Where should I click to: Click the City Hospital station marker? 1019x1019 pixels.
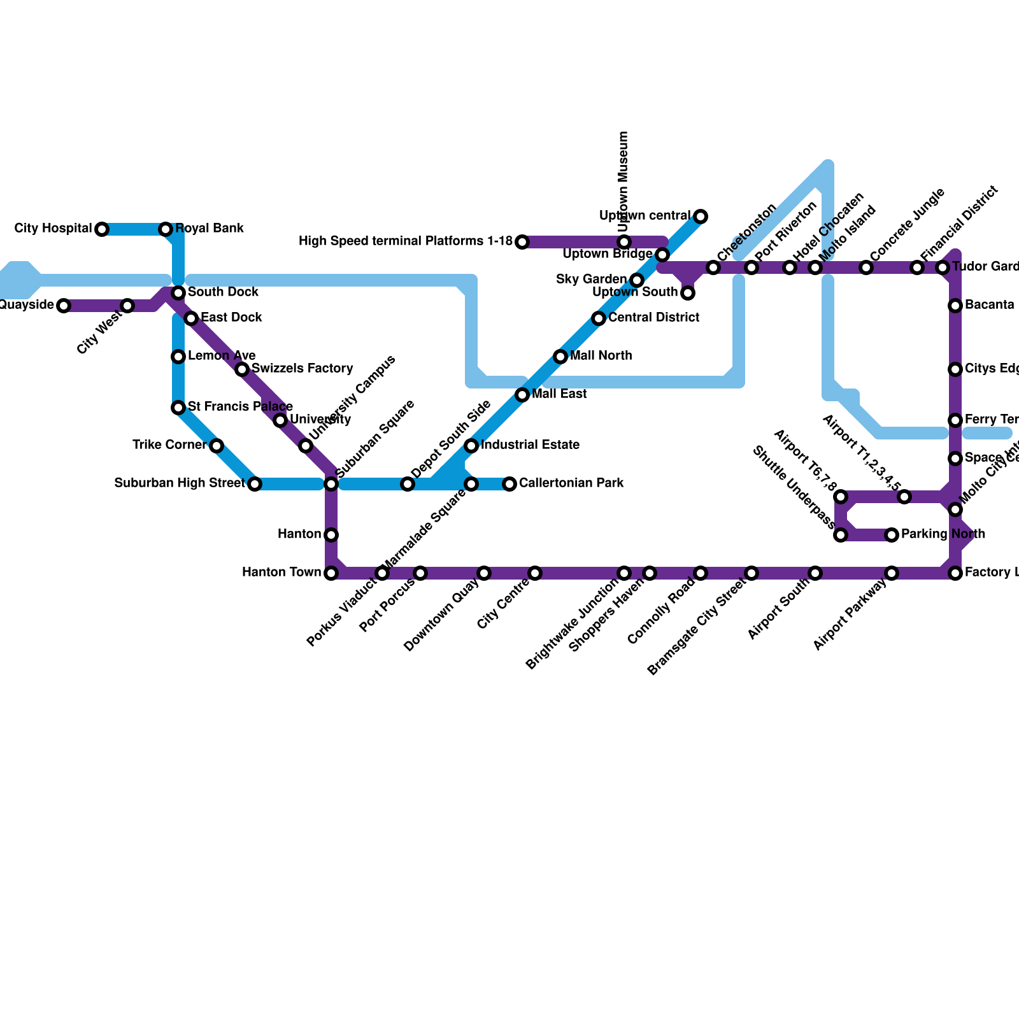pyautogui.click(x=102, y=229)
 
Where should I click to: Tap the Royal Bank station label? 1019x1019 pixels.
pyautogui.click(x=210, y=229)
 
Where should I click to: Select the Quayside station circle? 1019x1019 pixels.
pyautogui.click(x=64, y=306)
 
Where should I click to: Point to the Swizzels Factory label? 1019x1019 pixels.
pyautogui.click(x=302, y=369)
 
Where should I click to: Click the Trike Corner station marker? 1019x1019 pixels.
pyautogui.click(x=217, y=446)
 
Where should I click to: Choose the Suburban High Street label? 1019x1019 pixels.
pyautogui.click(x=179, y=483)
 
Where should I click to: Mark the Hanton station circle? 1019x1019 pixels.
pyautogui.click(x=331, y=535)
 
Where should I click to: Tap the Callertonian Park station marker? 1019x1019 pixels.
pyautogui.click(x=509, y=484)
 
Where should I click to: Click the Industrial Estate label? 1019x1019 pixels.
pyautogui.click(x=530, y=445)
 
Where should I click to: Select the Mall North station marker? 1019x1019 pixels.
pyautogui.click(x=560, y=357)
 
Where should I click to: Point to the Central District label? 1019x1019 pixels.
pyautogui.click(x=653, y=318)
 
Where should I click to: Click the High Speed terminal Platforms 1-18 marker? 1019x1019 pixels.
pyautogui.click(x=522, y=242)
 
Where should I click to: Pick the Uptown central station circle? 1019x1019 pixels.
pyautogui.click(x=701, y=217)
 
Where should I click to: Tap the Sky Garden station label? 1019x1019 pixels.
pyautogui.click(x=591, y=280)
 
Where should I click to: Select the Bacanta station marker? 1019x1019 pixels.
pyautogui.click(x=955, y=306)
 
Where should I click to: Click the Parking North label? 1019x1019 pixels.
pyautogui.click(x=943, y=534)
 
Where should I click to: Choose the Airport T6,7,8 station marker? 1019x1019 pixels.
pyautogui.click(x=841, y=497)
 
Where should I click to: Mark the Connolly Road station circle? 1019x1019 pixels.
pyautogui.click(x=701, y=573)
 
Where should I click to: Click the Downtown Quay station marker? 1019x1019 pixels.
pyautogui.click(x=484, y=573)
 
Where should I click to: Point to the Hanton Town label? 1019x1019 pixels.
pyautogui.click(x=281, y=573)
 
